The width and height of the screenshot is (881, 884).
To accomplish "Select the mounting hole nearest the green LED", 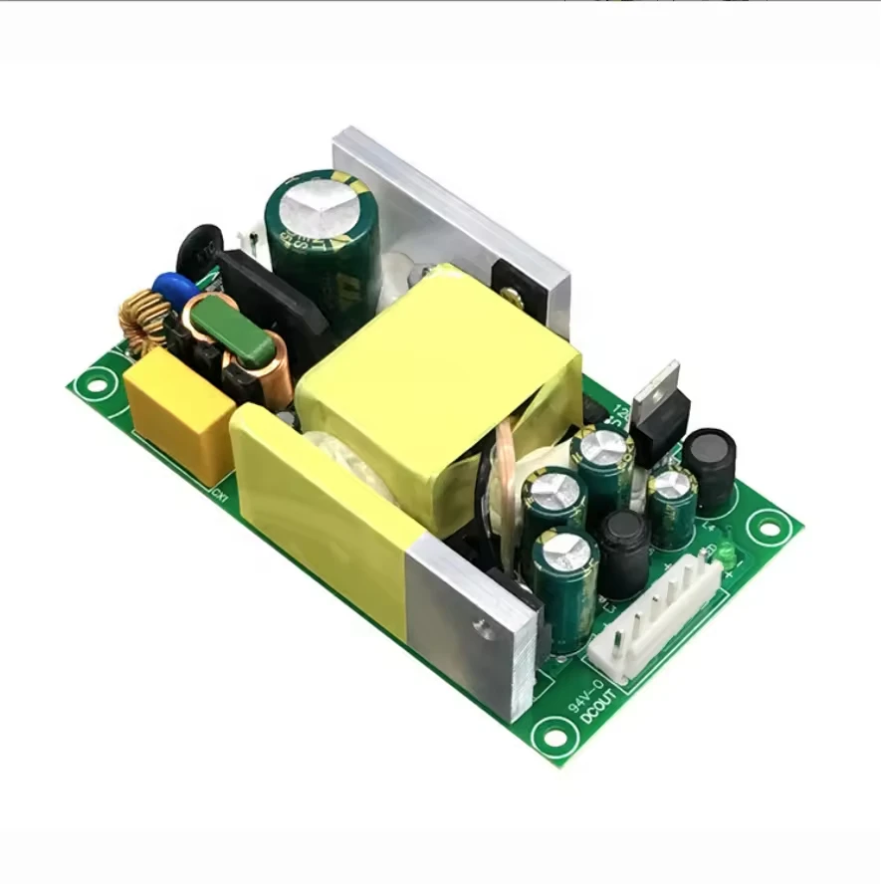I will tap(769, 523).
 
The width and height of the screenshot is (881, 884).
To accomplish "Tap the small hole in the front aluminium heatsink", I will tap(484, 627).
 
